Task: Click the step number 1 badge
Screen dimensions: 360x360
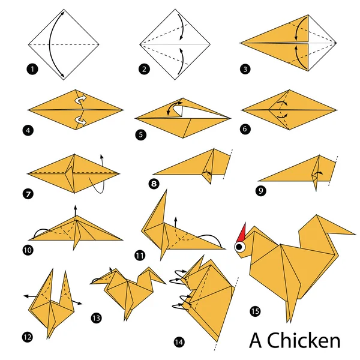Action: [32, 69]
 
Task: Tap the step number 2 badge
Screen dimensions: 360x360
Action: [143, 69]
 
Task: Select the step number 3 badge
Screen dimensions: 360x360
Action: [245, 69]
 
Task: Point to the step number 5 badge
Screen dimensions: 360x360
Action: [140, 136]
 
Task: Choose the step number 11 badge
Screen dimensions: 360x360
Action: [140, 256]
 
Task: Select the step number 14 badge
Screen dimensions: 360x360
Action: [179, 342]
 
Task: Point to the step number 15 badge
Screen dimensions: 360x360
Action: [255, 311]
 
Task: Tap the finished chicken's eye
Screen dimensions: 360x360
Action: [240, 247]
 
